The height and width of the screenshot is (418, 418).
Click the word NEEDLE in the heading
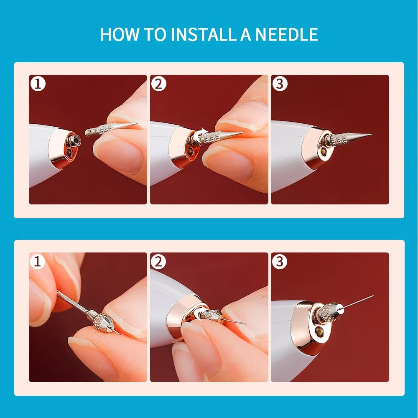click(287, 34)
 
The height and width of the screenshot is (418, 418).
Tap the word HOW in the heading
click(120, 34)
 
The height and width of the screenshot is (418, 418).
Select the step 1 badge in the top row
click(38, 84)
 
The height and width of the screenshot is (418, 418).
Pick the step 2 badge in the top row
click(158, 84)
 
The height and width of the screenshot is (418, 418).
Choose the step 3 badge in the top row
click(280, 84)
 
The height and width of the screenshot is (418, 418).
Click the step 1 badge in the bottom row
click(38, 261)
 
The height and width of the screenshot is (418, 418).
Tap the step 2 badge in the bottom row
click(158, 261)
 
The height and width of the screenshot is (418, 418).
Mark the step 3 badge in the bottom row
click(279, 261)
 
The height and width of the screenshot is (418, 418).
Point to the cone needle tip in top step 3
click(373, 134)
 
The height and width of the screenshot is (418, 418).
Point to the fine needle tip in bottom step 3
click(373, 296)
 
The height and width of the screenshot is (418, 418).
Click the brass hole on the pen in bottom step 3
click(318, 331)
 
